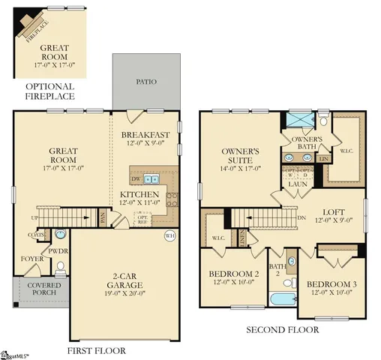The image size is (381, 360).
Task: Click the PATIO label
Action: (145, 82)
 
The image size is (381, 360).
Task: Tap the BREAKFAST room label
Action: (145, 135)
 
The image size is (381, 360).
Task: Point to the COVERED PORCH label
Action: (44, 289)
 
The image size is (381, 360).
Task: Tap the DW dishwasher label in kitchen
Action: (136, 179)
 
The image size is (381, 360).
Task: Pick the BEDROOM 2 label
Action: (233, 273)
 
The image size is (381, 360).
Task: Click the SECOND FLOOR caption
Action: (282, 328)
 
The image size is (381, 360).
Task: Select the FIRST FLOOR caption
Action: (97, 349)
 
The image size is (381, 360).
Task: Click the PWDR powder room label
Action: (58, 251)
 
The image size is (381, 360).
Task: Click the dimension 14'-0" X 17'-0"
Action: (240, 168)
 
